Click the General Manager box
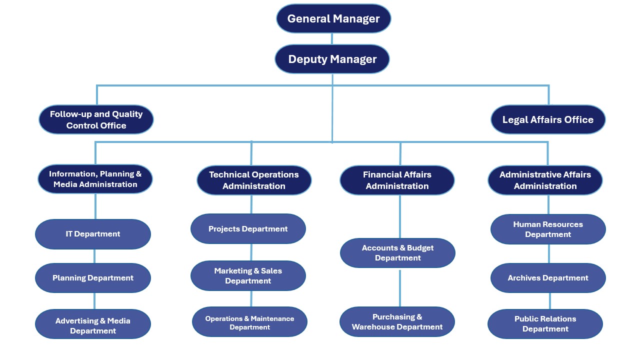click(x=333, y=19)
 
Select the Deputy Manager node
click(x=332, y=59)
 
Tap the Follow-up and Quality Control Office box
click(x=96, y=119)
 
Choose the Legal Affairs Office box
click(x=548, y=119)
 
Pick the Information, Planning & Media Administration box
click(x=95, y=179)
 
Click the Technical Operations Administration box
click(x=254, y=180)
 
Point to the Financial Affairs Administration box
click(x=397, y=180)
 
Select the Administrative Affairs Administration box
click(x=545, y=180)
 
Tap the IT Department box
click(x=93, y=234)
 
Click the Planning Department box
click(x=93, y=278)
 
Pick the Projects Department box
click(x=248, y=229)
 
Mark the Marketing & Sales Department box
click(x=248, y=275)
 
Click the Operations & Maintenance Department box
click(x=249, y=322)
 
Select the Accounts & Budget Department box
click(x=397, y=253)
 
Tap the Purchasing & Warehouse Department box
click(x=397, y=322)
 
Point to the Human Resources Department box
click(x=548, y=229)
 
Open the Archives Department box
click(x=548, y=278)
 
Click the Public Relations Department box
click(x=545, y=324)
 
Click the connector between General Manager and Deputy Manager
click(x=332, y=39)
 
